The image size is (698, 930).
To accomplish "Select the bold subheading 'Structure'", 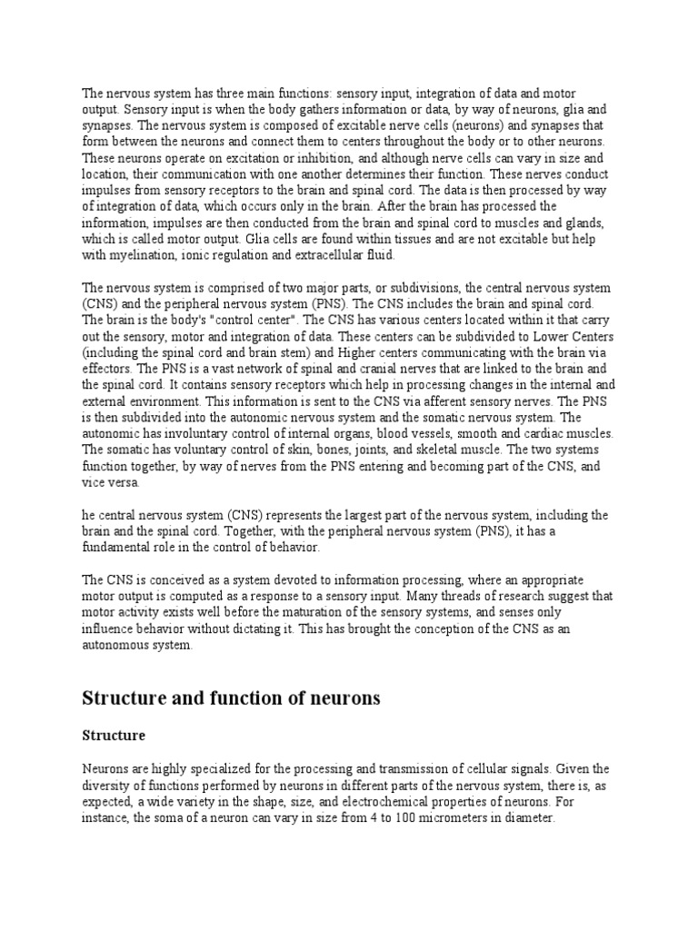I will (114, 734).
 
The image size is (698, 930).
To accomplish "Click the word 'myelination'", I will (140, 255).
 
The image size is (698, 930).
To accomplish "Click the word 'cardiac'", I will (544, 435).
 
